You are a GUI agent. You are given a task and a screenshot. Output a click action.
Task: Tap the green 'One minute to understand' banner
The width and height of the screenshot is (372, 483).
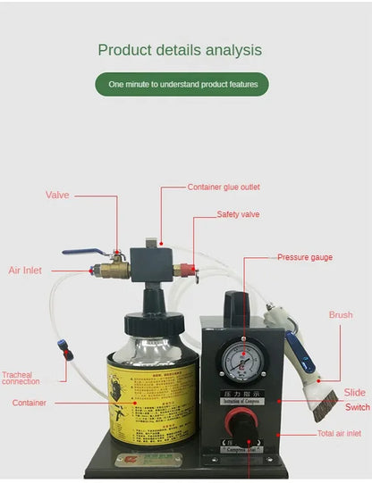182,85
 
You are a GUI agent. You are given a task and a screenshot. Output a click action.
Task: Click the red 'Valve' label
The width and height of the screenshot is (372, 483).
58,195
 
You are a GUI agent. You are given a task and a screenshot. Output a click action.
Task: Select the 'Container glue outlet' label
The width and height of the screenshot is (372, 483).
224,187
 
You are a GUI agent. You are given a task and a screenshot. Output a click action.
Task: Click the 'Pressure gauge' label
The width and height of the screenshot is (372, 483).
304,257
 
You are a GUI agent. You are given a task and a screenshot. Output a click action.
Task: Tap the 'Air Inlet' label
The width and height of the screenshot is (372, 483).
25,270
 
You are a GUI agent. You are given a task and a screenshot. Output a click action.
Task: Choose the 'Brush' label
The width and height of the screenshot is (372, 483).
341,315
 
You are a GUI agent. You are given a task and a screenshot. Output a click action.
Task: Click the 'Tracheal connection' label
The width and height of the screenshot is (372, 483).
21,378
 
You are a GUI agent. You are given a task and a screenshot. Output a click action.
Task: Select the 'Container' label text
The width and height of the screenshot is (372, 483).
30,403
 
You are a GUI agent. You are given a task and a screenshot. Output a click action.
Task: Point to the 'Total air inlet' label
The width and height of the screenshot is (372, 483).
339,434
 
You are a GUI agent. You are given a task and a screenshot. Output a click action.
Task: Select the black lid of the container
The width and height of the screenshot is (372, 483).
147,322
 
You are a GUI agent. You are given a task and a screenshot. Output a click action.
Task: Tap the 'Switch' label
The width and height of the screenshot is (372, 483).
358,407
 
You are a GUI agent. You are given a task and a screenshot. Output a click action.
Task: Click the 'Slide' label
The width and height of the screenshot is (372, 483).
354,392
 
